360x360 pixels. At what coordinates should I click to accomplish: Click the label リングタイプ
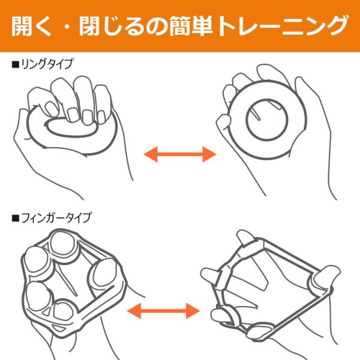[x=47, y=64]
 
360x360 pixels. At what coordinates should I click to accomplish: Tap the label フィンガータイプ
[x=56, y=218]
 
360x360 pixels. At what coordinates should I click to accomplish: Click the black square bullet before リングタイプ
[x=15, y=65]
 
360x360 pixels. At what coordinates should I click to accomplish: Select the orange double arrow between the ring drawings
[x=180, y=154]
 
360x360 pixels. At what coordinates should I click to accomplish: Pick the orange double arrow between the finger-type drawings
[x=163, y=311]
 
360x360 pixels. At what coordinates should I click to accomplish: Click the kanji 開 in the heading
[x=22, y=26]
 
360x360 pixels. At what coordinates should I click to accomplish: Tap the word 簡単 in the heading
[x=191, y=26]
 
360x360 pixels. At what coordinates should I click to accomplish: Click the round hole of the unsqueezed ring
[x=267, y=119]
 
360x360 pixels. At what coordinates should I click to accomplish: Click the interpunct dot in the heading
[x=67, y=26]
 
